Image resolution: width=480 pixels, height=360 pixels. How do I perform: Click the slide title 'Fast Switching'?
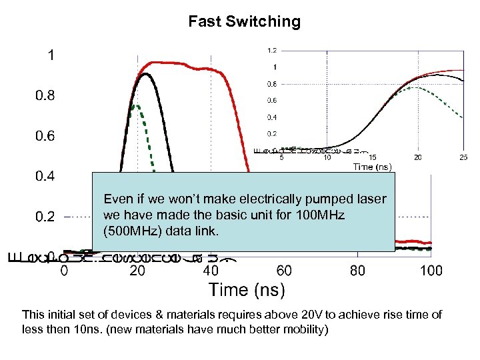244,21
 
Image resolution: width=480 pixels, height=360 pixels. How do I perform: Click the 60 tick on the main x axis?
284,271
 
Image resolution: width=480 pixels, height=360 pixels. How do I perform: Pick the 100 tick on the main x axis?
431,271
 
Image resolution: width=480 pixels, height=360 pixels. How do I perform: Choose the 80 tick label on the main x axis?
357,271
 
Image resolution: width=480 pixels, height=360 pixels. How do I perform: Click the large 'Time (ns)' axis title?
247,290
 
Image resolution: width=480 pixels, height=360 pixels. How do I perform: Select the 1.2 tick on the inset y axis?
272,50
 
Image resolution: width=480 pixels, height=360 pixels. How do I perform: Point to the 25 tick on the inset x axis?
463,157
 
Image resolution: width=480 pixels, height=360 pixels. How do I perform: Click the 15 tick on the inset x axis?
372,157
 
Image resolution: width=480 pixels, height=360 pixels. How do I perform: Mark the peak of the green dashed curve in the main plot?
135,105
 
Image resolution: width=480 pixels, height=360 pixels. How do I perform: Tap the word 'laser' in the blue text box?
374,199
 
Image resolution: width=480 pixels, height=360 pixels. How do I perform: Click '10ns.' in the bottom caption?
91,329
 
